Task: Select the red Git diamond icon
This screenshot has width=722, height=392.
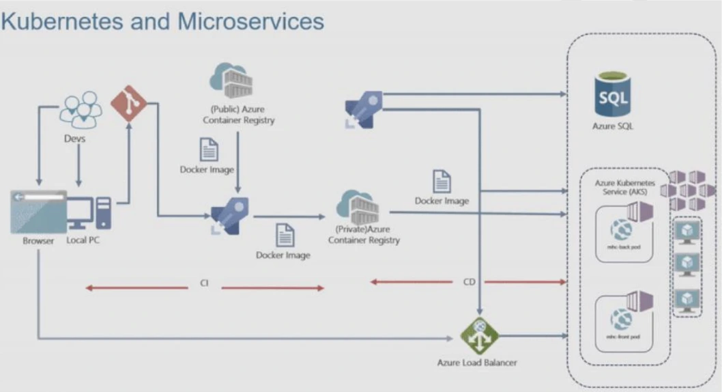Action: (129, 104)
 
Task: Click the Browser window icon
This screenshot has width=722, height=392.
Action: (38, 212)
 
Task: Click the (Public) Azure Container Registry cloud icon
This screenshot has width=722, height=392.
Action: (232, 81)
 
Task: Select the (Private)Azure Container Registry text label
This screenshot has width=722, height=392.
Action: (364, 234)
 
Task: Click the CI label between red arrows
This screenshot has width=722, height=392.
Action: (204, 283)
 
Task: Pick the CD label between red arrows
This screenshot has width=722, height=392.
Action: (469, 281)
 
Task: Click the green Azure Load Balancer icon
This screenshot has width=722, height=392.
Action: (479, 335)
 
